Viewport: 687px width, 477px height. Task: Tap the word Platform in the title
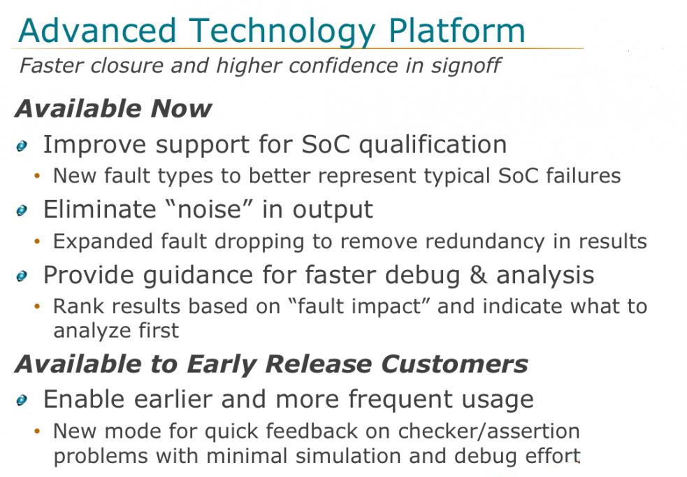(456, 30)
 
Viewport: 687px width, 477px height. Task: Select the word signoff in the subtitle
(465, 66)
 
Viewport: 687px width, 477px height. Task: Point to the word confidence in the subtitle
(343, 65)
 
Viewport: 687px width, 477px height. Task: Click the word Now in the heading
(181, 108)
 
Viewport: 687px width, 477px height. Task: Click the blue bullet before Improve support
(22, 146)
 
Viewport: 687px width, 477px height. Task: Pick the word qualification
(433, 145)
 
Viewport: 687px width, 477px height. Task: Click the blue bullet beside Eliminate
(22, 211)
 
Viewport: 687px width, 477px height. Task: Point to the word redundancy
(485, 241)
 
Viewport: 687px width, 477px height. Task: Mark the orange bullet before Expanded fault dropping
(37, 241)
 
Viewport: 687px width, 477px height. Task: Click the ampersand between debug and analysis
(478, 275)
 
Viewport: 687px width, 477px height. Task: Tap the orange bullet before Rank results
(37, 306)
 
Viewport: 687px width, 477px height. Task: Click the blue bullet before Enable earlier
(22, 400)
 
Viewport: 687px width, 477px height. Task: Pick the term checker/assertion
(489, 431)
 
